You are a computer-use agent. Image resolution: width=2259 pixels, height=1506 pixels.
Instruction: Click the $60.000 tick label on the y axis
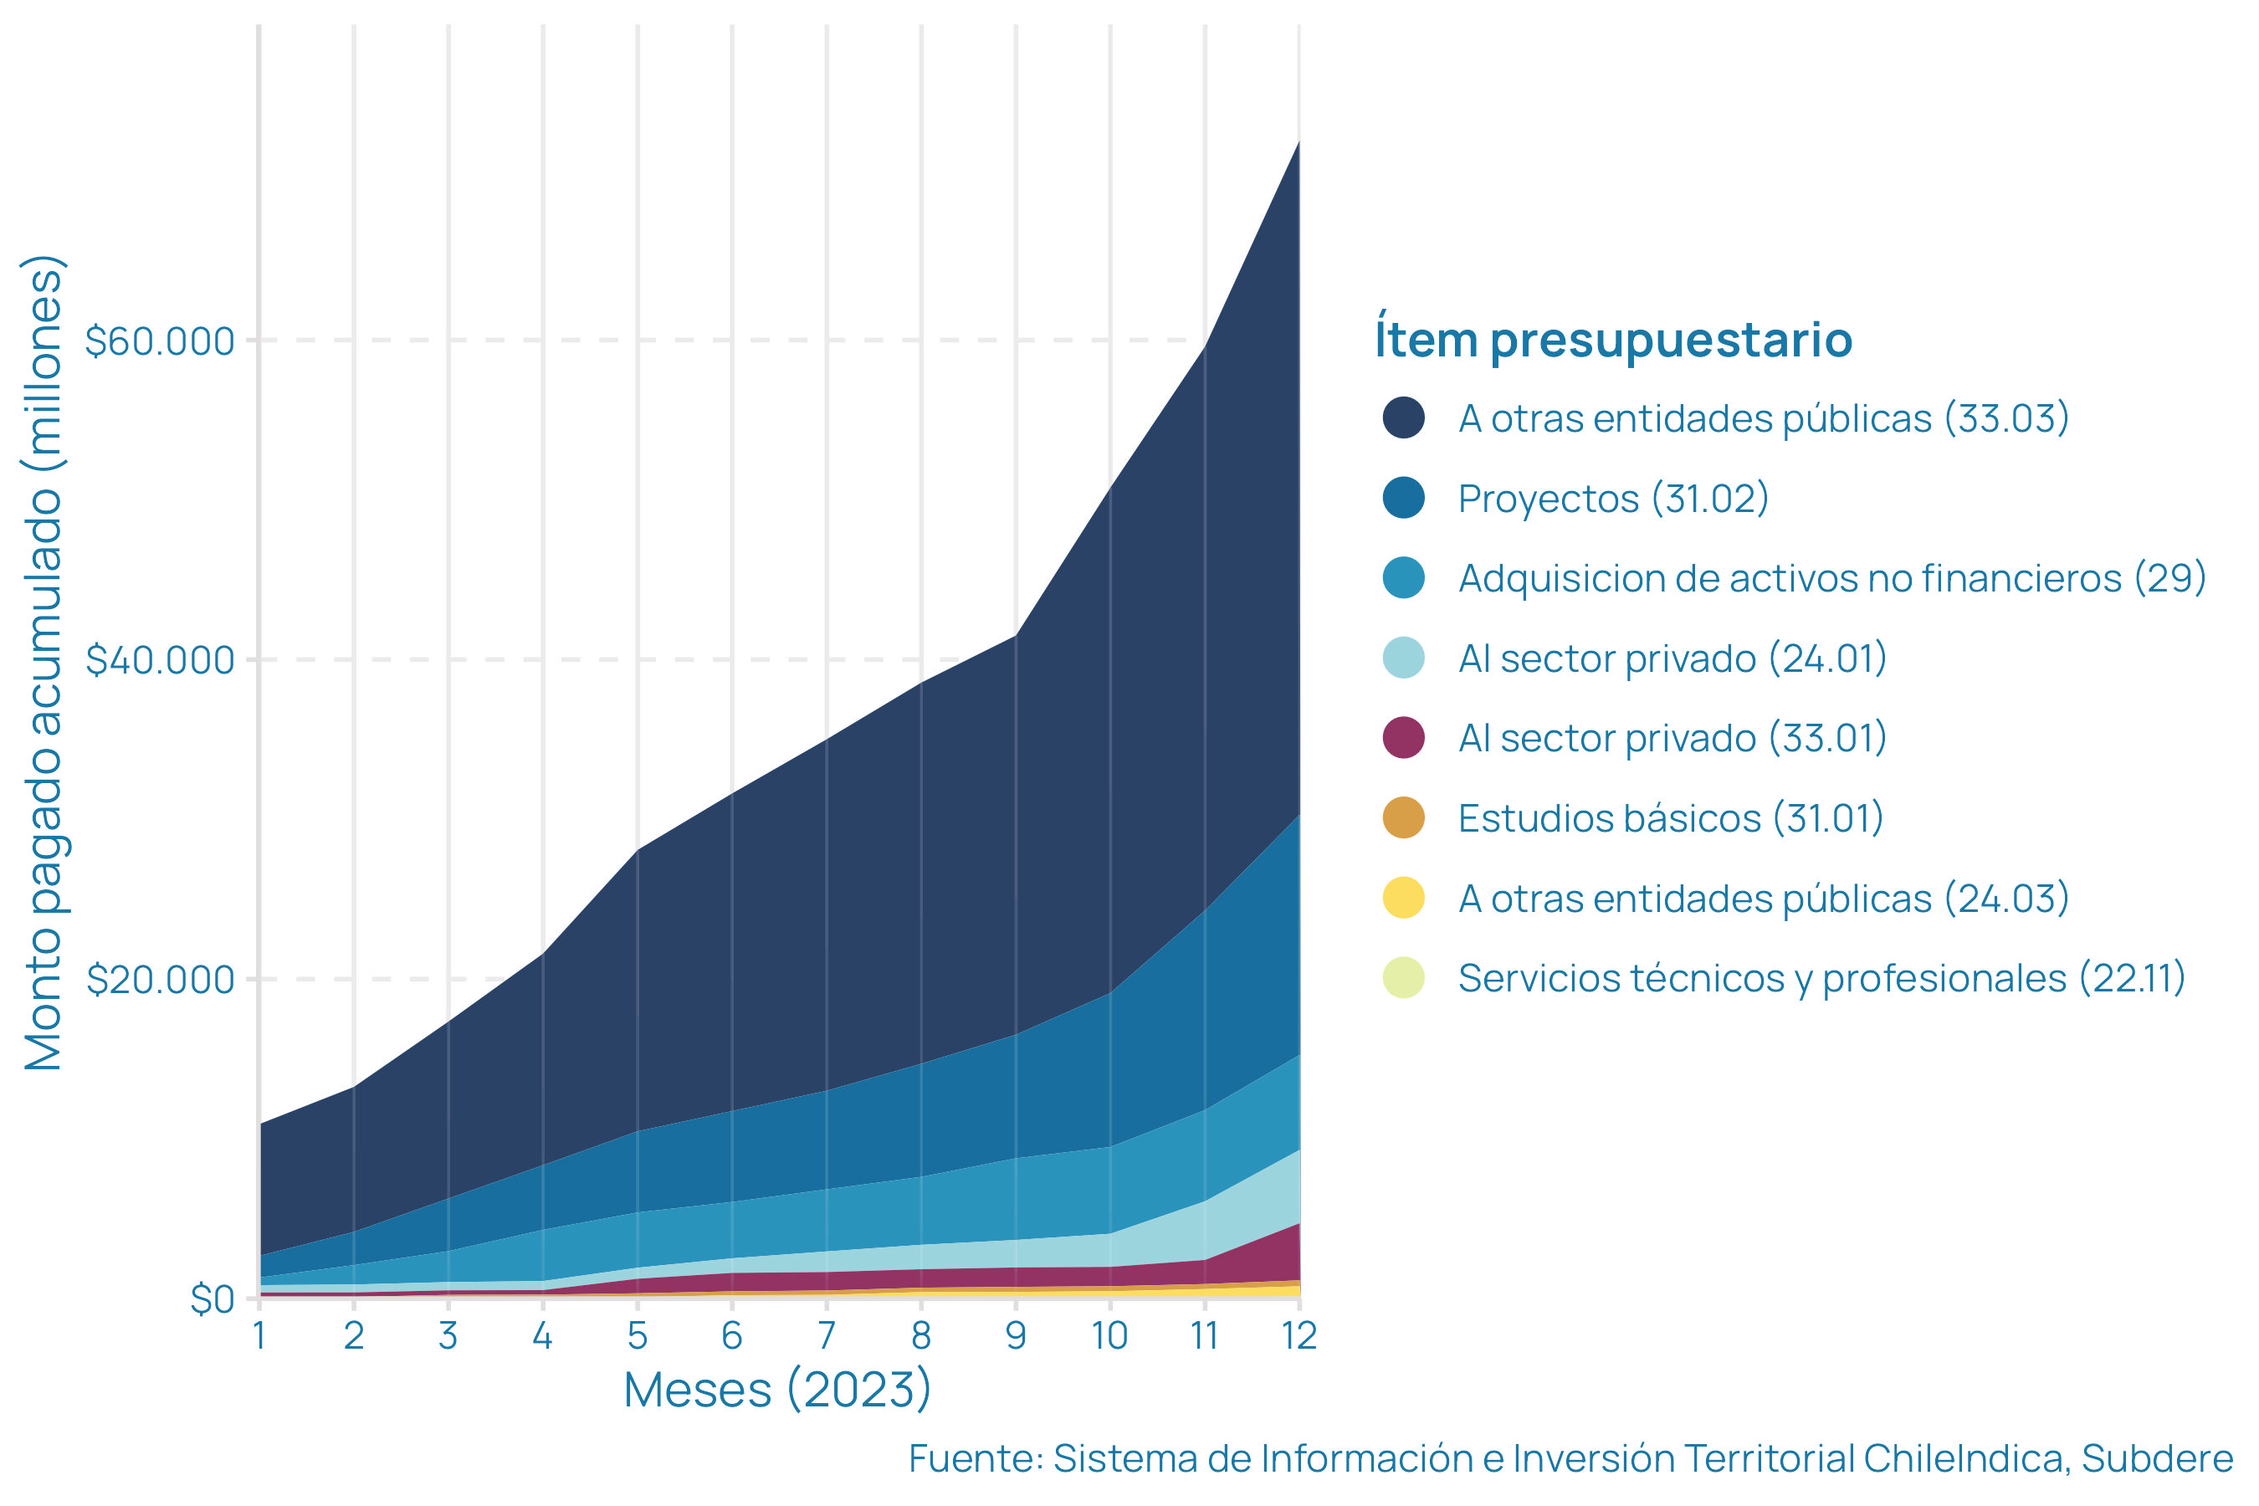(160, 341)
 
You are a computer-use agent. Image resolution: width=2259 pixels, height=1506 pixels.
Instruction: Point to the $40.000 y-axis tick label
(160, 660)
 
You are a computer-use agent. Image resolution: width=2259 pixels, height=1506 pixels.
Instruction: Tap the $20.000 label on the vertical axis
(160, 980)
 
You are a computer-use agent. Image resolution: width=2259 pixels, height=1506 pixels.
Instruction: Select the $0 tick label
(213, 1299)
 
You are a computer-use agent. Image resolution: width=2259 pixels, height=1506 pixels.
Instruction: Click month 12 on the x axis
(1299, 1336)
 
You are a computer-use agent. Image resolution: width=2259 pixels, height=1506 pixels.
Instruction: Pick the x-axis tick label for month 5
(638, 1336)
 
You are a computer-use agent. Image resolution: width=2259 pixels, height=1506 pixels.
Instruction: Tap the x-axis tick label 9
(1017, 1336)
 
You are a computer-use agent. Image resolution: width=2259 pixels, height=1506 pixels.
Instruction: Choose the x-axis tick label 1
(259, 1336)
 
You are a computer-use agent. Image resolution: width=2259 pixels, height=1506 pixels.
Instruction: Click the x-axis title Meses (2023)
(777, 1390)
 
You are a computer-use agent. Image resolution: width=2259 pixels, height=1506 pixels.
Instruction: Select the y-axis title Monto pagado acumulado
(44, 663)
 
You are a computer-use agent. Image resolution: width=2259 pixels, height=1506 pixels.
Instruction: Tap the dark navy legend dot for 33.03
(1403, 417)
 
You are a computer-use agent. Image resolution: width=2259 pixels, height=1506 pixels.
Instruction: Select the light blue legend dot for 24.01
(1403, 658)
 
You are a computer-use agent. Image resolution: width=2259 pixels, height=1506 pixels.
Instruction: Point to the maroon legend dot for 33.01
(1403, 738)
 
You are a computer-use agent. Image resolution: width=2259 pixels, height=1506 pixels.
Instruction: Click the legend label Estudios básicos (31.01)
(1670, 818)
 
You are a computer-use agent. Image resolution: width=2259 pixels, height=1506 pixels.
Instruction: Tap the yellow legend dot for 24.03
(1403, 898)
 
